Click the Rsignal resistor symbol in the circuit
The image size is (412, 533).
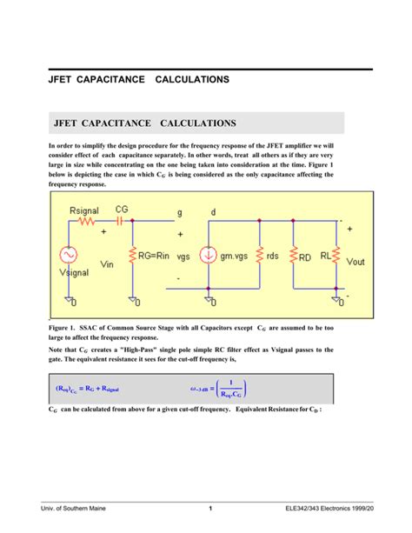point(87,221)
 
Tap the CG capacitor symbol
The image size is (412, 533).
point(130,221)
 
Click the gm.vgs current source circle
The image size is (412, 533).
point(209,256)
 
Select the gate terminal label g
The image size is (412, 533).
point(181,210)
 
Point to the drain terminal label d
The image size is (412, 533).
point(214,210)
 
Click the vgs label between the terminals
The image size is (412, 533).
point(183,257)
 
